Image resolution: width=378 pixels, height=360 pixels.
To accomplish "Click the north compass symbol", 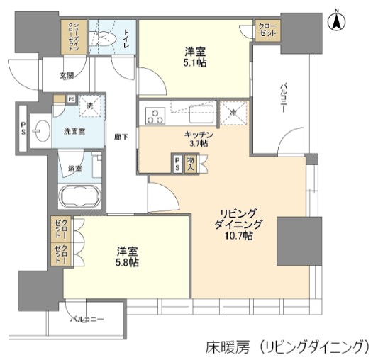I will coord(338,21).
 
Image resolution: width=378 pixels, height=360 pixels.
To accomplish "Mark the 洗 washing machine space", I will coord(90,106).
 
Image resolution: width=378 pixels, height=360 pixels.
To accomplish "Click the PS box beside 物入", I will coord(177,164).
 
